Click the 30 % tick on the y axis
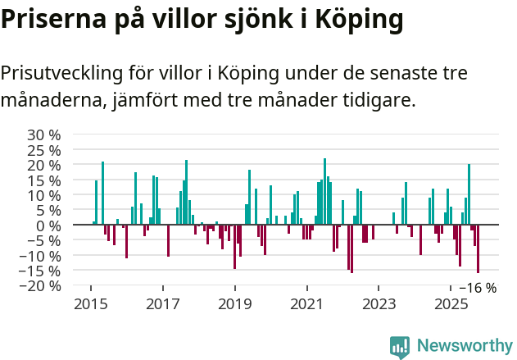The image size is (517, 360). point(44,134)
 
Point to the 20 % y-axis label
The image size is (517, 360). point(44,165)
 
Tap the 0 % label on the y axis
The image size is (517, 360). point(48,226)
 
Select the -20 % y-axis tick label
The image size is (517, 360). point(41,286)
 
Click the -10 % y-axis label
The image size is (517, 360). point(41,256)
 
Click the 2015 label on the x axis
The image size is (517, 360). point(90,305)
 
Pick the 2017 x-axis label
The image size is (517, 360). point(162,305)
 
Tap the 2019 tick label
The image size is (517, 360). point(234,305)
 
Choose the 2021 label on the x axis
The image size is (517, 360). point(306,305)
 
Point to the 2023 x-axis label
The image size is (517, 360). point(379,305)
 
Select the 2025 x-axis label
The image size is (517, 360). point(451,305)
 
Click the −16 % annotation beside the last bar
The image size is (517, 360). point(478,288)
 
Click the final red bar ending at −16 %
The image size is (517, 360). point(478,248)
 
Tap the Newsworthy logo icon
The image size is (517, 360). point(400,346)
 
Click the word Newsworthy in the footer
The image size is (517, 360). point(464,346)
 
